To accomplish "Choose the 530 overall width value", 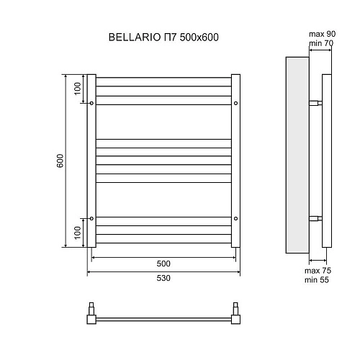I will tap(163, 279).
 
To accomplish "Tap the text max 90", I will tap(322, 34).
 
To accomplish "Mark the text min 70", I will tap(322, 43).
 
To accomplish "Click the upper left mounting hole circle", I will tap(91, 104).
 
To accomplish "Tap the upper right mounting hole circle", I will tap(235, 104).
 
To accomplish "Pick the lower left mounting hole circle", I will tap(91, 217).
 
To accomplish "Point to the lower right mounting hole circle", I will tap(235, 217).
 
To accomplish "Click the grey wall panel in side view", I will tap(297, 156).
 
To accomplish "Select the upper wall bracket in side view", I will tap(315, 104).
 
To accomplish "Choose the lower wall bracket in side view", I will tap(315, 217).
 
